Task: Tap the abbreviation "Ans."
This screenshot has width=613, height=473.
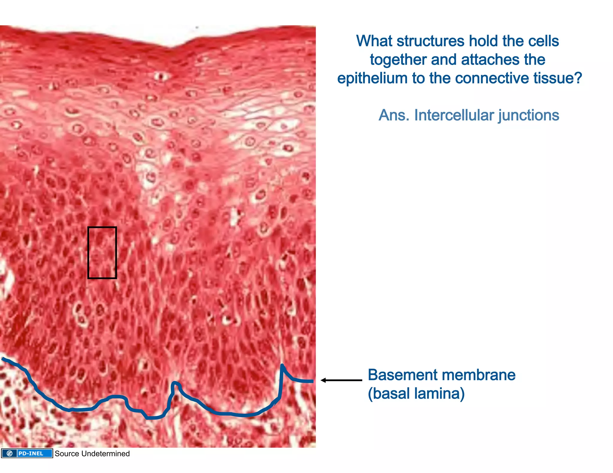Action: pyautogui.click(x=394, y=115)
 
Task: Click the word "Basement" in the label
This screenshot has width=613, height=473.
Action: pyautogui.click(x=398, y=375)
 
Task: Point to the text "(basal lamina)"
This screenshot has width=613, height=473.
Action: pyautogui.click(x=416, y=393)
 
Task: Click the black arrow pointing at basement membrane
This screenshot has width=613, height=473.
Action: pyautogui.click(x=341, y=380)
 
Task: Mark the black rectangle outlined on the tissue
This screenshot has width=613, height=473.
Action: pyautogui.click(x=102, y=253)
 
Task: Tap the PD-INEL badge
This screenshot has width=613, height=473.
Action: pyautogui.click(x=27, y=454)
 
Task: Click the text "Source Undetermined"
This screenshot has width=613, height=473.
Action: pyautogui.click(x=92, y=454)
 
